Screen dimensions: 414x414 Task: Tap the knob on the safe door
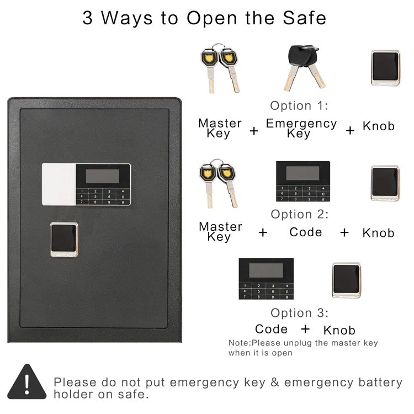[64, 240]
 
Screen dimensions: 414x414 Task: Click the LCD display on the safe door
[103, 176]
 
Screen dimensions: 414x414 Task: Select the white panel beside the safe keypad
[59, 184]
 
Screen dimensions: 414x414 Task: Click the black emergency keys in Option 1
[304, 68]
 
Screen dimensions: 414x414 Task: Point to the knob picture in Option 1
[385, 68]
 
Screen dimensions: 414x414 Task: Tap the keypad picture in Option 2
[303, 182]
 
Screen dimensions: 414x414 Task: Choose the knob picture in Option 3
[347, 280]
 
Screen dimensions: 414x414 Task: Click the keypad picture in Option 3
[266, 279]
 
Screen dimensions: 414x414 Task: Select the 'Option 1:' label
[299, 105]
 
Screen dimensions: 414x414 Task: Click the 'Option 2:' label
[300, 214]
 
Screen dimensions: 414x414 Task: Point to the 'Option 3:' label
[300, 313]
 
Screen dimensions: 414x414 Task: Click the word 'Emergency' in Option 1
[301, 123]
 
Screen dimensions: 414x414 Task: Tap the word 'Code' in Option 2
[305, 232]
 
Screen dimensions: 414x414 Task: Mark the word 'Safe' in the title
[304, 18]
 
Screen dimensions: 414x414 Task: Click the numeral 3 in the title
[87, 18]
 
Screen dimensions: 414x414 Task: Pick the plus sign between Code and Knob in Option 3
[305, 329]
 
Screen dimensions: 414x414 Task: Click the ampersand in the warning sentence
[274, 382]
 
